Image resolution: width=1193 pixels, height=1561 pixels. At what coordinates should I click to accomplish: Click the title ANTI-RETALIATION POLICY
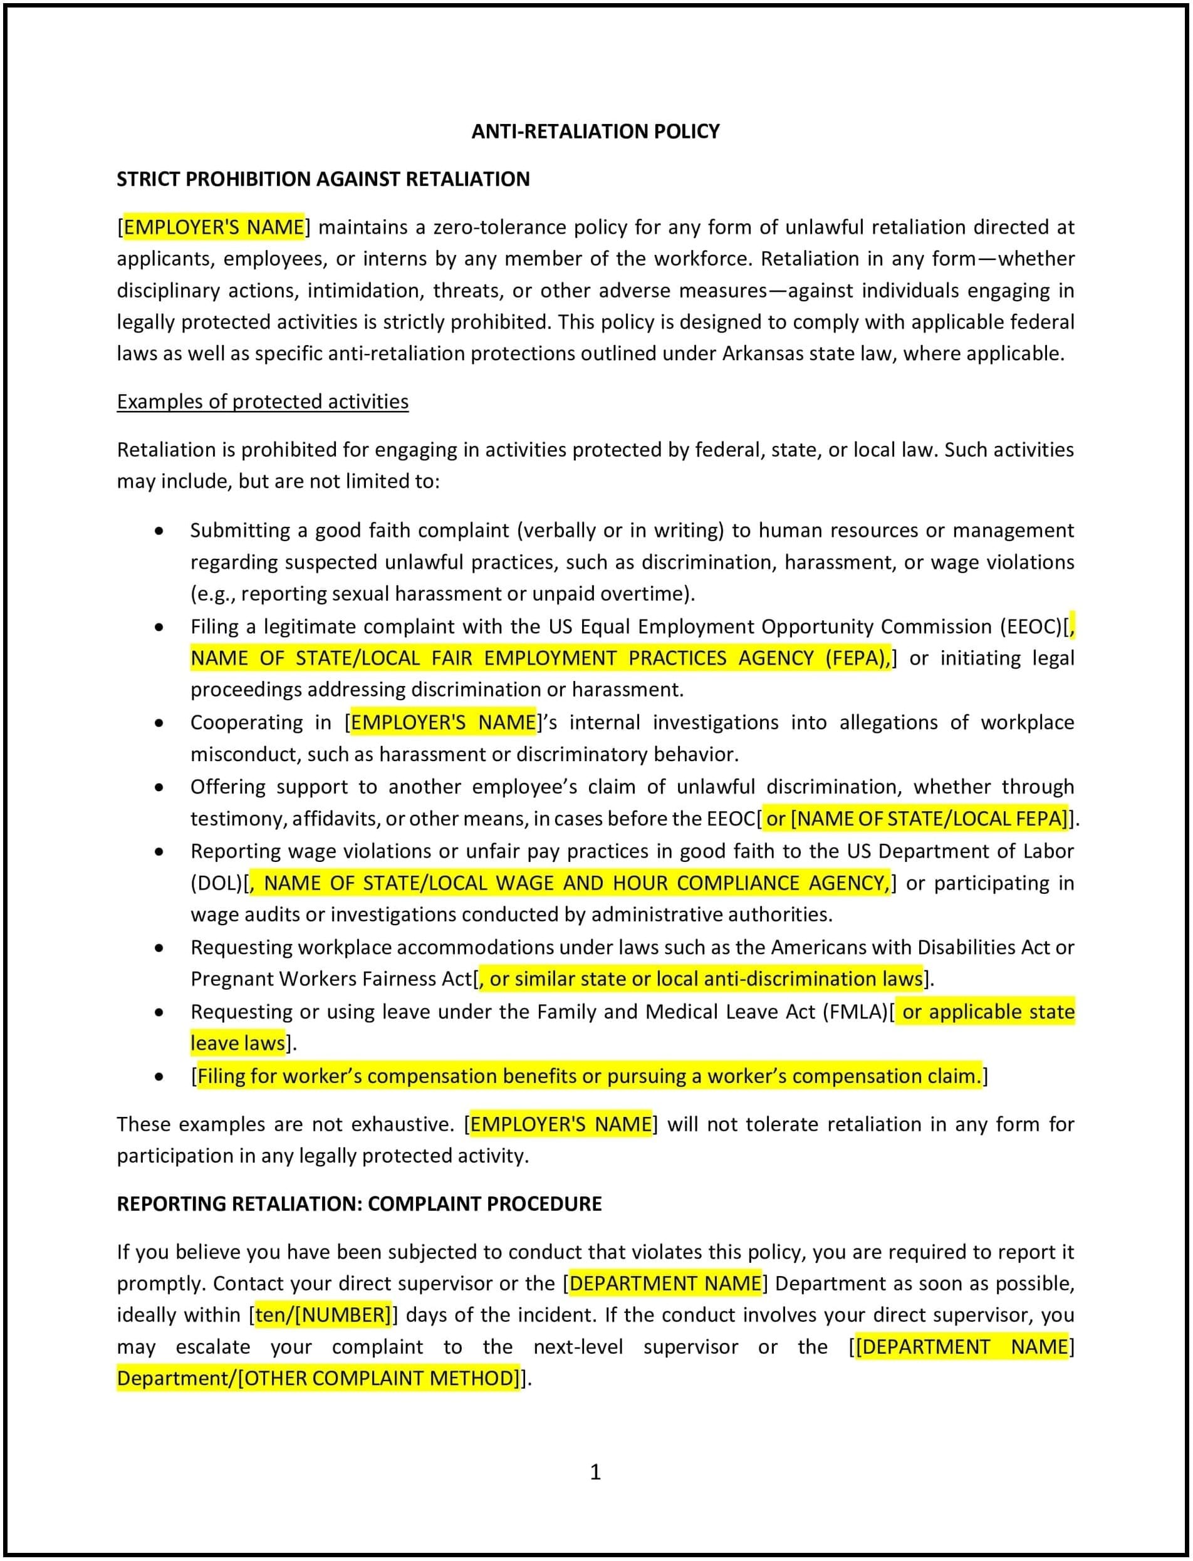point(595,132)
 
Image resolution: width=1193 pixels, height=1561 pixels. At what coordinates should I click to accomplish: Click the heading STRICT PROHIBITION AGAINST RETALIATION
point(323,179)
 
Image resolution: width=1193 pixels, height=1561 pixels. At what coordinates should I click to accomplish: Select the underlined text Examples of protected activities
point(262,402)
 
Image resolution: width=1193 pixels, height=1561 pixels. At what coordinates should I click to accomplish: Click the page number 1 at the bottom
point(595,1472)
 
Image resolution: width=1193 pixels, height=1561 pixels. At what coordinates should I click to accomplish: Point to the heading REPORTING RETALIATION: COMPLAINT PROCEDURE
point(358,1204)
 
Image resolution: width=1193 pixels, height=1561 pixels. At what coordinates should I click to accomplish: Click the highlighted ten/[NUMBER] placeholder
point(323,1315)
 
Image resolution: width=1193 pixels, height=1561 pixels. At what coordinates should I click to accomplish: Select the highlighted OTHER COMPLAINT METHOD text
point(379,1379)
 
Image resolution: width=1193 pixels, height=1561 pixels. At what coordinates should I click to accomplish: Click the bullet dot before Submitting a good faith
point(159,531)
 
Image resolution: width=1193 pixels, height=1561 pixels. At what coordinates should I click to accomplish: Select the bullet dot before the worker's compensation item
point(159,1077)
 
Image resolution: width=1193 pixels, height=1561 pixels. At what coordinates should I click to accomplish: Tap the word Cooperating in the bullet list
point(246,723)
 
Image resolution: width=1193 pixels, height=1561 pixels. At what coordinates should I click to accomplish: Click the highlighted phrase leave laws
point(237,1044)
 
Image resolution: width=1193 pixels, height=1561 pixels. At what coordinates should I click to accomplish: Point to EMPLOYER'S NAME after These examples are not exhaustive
point(560,1124)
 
